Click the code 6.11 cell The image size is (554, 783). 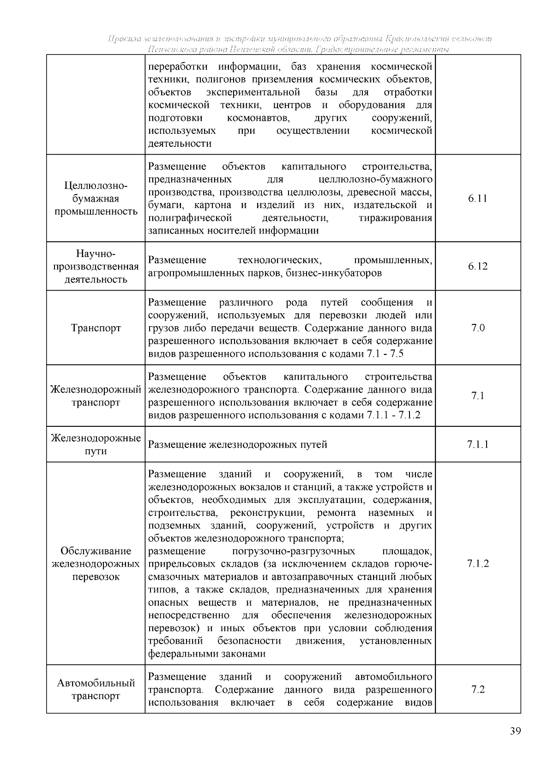[477, 199]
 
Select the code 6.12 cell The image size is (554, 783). [477, 267]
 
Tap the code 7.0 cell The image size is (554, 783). [477, 329]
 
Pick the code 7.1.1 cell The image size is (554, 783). [477, 444]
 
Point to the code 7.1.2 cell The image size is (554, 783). [477, 563]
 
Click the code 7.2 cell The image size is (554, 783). [477, 690]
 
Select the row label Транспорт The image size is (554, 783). [96, 329]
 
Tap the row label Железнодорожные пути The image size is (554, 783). [96, 444]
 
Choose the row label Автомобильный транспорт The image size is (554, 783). [96, 690]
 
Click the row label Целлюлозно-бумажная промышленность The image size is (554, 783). [96, 199]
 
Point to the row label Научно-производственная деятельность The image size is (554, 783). [96, 267]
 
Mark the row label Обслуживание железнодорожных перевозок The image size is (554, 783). [96, 564]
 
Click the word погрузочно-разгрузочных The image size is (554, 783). [294, 551]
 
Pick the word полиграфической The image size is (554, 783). [190, 218]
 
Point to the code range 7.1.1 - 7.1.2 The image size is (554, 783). [393, 415]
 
